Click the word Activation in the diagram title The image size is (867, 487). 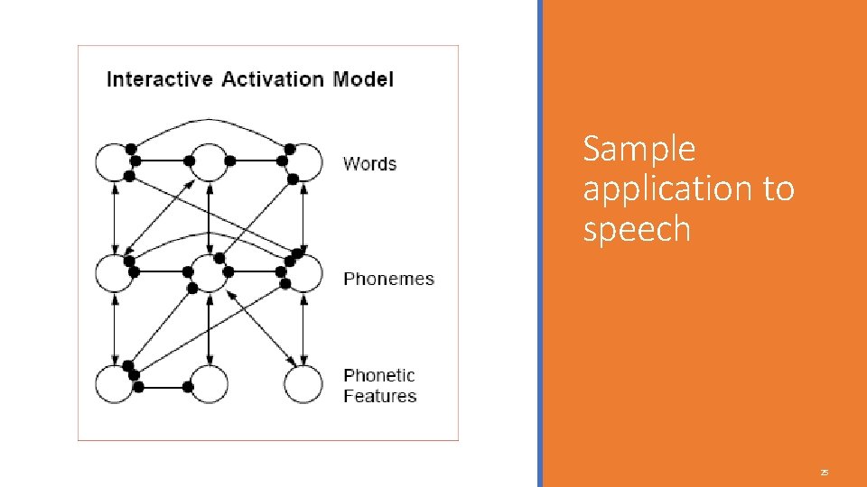pos(273,79)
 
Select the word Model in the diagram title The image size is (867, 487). pos(363,79)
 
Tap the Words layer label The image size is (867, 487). pos(369,163)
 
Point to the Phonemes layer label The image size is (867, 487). pos(388,279)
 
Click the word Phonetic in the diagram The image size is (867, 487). pos(379,375)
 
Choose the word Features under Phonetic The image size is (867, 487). pos(379,396)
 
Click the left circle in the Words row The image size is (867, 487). pos(115,163)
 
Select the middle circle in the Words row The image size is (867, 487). pos(209,163)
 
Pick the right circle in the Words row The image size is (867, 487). pos(303,163)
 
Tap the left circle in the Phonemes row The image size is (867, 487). pos(115,273)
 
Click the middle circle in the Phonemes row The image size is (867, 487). pos(209,273)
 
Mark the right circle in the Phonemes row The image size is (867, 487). pos(303,273)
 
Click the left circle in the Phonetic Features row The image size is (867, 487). pos(115,385)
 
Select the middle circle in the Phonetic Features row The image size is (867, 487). pos(209,385)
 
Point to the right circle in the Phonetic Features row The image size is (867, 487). pos(303,385)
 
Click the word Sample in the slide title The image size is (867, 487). pos(639,149)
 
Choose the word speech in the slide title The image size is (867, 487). pos(637,230)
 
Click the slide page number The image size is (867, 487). pos(824,473)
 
